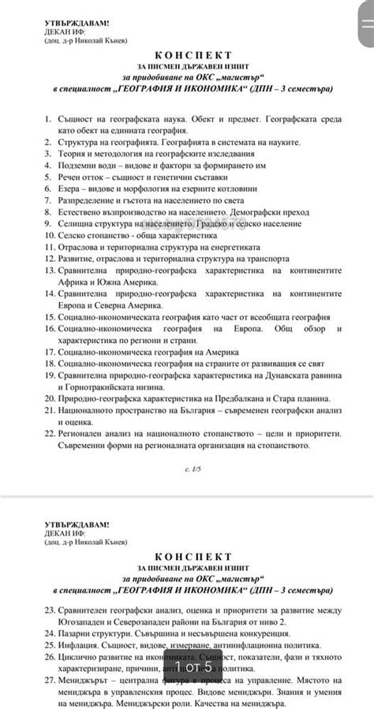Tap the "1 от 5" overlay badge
[x=187, y=667]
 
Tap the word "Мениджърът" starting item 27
[x=85, y=680]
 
